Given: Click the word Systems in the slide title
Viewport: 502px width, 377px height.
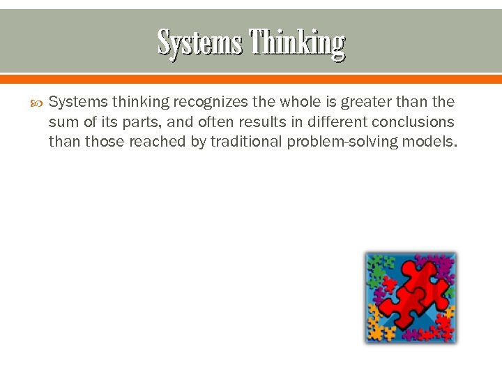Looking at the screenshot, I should (201, 43).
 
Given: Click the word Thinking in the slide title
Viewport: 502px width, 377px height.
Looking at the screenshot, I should (298, 43).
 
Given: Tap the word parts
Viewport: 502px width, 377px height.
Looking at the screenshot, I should (130, 122).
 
